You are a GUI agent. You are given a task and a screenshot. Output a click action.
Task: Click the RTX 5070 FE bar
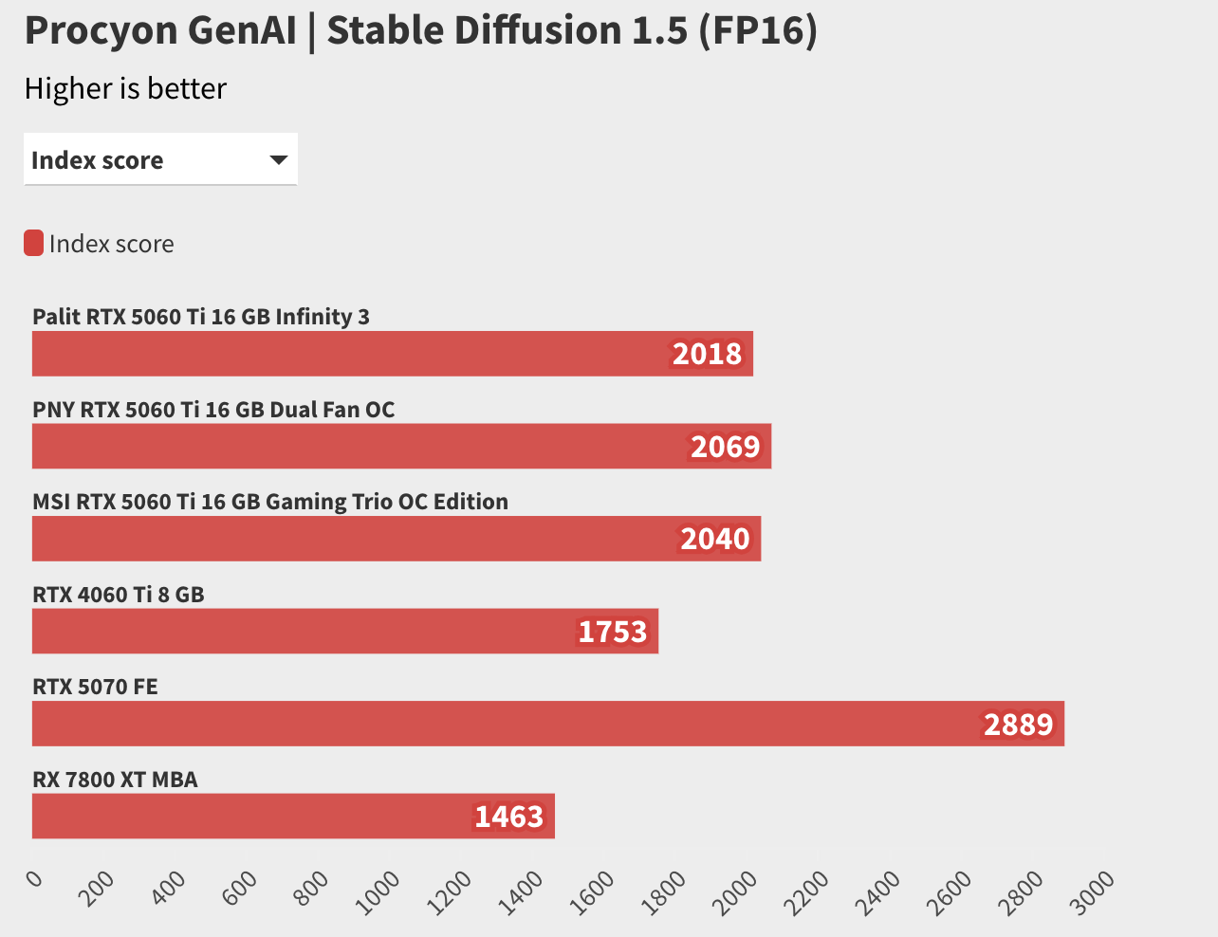pyautogui.click(x=548, y=724)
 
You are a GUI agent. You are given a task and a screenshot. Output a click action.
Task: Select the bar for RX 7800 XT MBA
pyautogui.click(x=293, y=817)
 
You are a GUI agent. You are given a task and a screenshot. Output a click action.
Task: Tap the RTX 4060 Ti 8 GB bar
pyautogui.click(x=345, y=632)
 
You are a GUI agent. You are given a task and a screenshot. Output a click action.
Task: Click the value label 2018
pyautogui.click(x=707, y=354)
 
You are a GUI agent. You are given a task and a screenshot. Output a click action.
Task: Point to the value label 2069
pyautogui.click(x=725, y=447)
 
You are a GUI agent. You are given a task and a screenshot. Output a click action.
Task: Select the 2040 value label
pyautogui.click(x=714, y=539)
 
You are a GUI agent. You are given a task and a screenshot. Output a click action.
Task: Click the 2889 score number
pyautogui.click(x=1018, y=725)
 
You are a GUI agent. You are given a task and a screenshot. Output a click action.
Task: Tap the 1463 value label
pyautogui.click(x=508, y=817)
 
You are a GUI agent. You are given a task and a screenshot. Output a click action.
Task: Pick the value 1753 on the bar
pyautogui.click(x=612, y=632)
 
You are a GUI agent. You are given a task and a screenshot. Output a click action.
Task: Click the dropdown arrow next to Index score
pyautogui.click(x=278, y=159)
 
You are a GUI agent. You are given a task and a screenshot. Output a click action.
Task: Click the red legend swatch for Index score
pyautogui.click(x=33, y=244)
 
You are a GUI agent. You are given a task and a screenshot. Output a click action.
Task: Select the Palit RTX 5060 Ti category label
pyautogui.click(x=201, y=317)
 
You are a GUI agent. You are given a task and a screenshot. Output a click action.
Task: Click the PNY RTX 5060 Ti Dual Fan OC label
pyautogui.click(x=213, y=410)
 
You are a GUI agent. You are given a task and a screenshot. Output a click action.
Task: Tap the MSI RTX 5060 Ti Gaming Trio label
pyautogui.click(x=270, y=502)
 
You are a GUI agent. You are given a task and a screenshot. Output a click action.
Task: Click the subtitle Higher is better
pyautogui.click(x=125, y=88)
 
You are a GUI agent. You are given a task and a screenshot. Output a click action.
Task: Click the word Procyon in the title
pyautogui.click(x=100, y=30)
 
